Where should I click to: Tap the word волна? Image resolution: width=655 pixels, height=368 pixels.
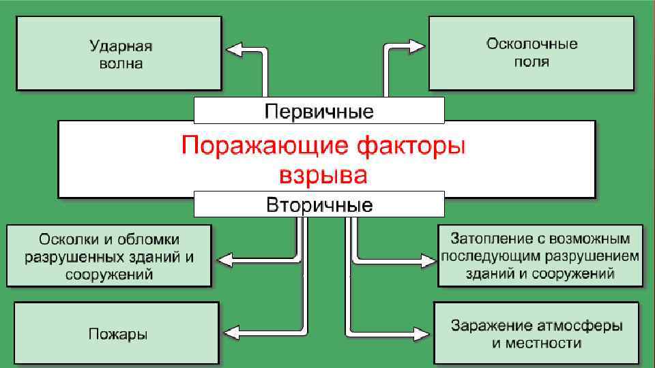(119, 64)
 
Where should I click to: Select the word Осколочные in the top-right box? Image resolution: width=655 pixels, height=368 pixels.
(532, 44)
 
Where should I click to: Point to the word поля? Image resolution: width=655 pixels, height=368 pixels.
(532, 62)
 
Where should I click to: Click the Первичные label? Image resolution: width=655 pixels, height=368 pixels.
(319, 110)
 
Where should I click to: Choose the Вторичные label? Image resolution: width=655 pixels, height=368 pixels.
(319, 205)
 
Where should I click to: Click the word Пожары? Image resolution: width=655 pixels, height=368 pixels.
(118, 334)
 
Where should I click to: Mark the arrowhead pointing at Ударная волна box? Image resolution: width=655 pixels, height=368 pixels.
(234, 50)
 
